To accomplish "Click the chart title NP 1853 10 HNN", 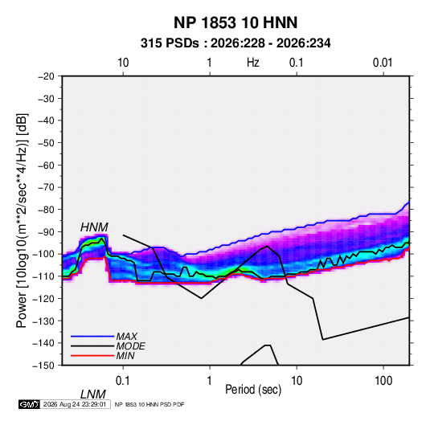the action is pyautogui.click(x=235, y=22).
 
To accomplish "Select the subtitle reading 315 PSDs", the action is pyautogui.click(x=170, y=43).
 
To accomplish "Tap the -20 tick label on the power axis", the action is pyautogui.click(x=47, y=76).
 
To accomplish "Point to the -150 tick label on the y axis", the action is pyautogui.click(x=43, y=366).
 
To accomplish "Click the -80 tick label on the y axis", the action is pyautogui.click(x=47, y=210).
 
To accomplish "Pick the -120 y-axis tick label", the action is pyautogui.click(x=43, y=298).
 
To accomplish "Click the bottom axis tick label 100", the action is pyautogui.click(x=383, y=380).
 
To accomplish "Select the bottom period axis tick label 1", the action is pyautogui.click(x=210, y=380).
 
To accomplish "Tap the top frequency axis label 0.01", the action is pyautogui.click(x=383, y=63).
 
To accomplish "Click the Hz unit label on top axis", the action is pyautogui.click(x=252, y=63).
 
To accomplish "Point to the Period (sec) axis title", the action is pyautogui.click(x=253, y=390).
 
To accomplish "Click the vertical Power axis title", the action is pyautogui.click(x=22, y=220).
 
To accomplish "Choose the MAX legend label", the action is pyautogui.click(x=127, y=336).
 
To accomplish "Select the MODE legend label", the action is pyautogui.click(x=130, y=346).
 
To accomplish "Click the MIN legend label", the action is pyautogui.click(x=125, y=356).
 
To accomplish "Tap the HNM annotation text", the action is pyautogui.click(x=94, y=227).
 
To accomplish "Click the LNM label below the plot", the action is pyautogui.click(x=93, y=394).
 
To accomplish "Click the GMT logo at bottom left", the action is pyautogui.click(x=29, y=404).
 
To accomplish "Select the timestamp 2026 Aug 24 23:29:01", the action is pyautogui.click(x=75, y=404).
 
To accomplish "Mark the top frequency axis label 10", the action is pyautogui.click(x=123, y=63).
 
